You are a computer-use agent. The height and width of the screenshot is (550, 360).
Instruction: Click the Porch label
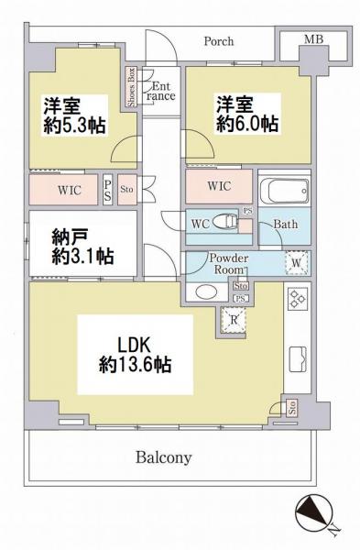pyautogui.click(x=218, y=41)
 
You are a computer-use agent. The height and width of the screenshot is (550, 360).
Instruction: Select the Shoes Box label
pyautogui.click(x=132, y=87)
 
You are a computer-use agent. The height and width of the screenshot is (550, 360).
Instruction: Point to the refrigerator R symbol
pyautogui.click(x=235, y=320)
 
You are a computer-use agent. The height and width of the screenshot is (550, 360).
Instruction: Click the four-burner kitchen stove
pyautogui.click(x=298, y=299)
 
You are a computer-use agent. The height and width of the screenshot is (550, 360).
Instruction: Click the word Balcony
pyautogui.click(x=164, y=457)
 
